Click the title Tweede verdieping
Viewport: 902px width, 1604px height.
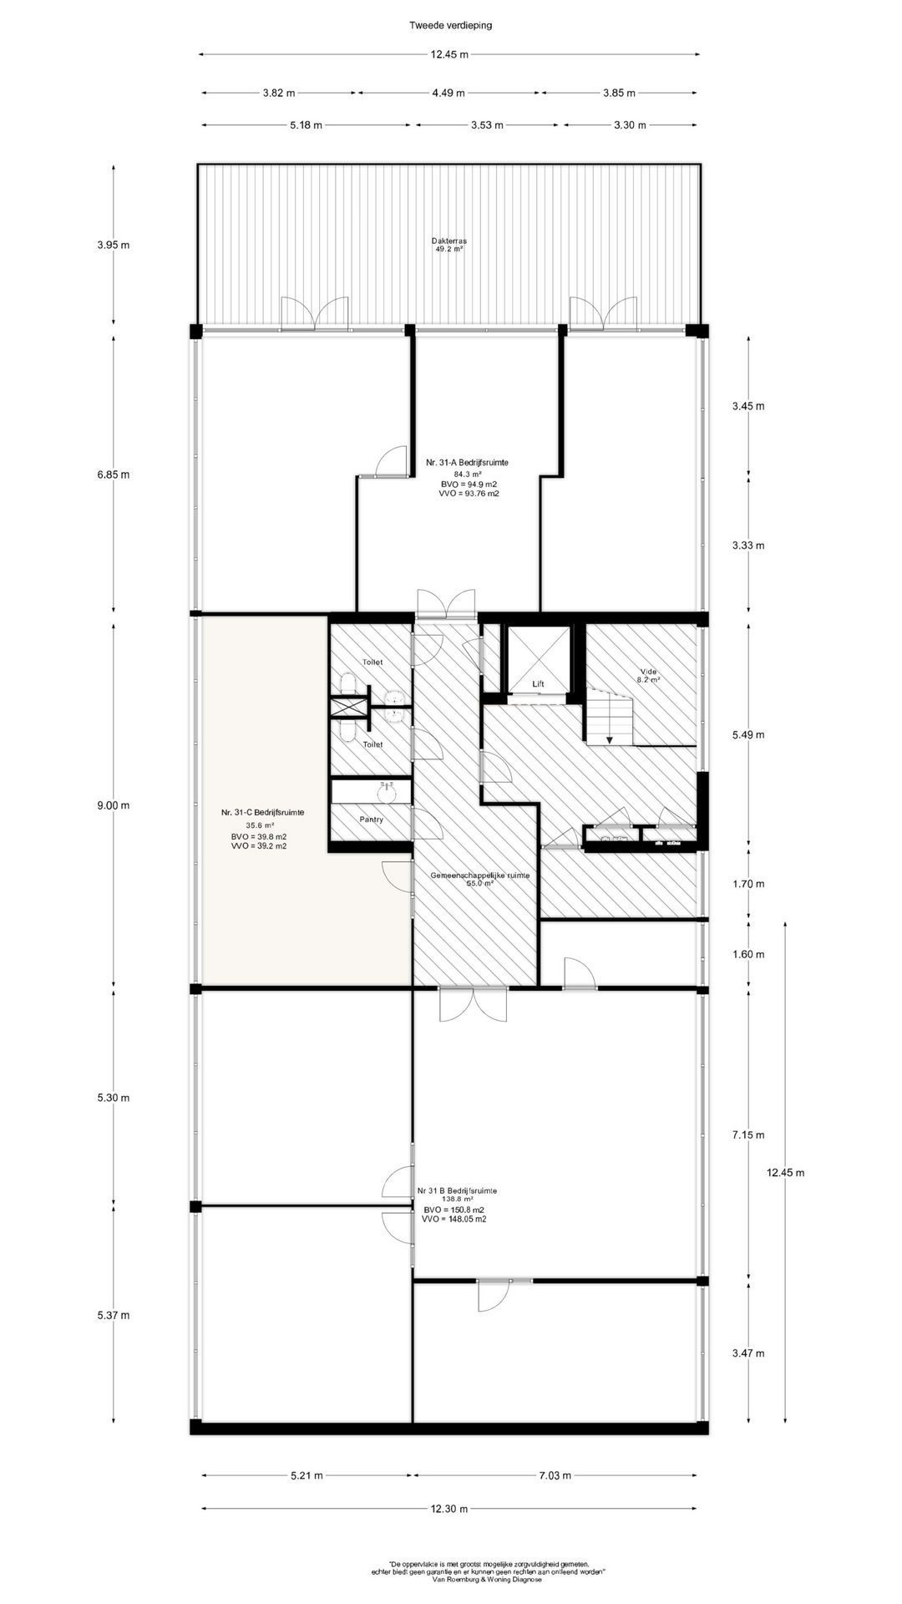[x=450, y=25]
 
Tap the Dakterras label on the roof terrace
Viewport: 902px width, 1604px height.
[x=449, y=241]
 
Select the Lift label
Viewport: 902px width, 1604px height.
[x=539, y=684]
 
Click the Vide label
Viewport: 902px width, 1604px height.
[x=649, y=671]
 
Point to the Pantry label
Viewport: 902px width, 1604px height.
[x=372, y=820]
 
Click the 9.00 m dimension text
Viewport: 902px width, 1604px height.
[x=114, y=805]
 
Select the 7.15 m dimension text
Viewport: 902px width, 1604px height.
[x=747, y=1134]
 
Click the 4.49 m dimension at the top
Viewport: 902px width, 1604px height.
[x=448, y=93]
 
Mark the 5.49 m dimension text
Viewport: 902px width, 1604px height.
[x=747, y=735]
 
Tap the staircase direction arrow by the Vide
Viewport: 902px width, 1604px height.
[x=611, y=739]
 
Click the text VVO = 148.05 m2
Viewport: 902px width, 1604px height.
[x=455, y=1219]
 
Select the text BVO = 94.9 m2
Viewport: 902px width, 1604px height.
[x=469, y=485]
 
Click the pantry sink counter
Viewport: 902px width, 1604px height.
[x=372, y=791]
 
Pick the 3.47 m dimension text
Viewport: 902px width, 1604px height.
[x=747, y=1353]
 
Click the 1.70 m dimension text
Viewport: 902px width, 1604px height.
[x=747, y=884]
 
